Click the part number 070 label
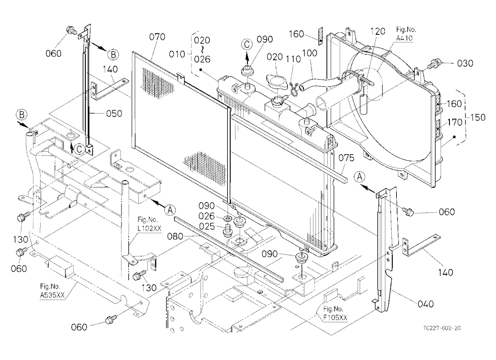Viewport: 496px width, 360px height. pyautogui.click(x=157, y=37)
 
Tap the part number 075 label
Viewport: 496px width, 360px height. pyautogui.click(x=346, y=158)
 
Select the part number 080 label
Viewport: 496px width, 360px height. pyautogui.click(x=176, y=237)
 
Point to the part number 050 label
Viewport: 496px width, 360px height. pyautogui.click(x=114, y=113)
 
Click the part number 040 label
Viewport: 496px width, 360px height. pyautogui.click(x=426, y=304)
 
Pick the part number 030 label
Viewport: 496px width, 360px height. pyautogui.click(x=465, y=63)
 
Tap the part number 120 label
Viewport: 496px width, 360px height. pyautogui.click(x=377, y=31)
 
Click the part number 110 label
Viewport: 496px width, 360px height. pyautogui.click(x=293, y=59)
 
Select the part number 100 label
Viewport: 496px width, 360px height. pyautogui.click(x=310, y=53)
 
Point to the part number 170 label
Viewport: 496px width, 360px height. pyautogui.click(x=455, y=122)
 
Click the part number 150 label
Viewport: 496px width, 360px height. pyautogui.click(x=478, y=118)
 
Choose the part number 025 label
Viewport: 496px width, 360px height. pyautogui.click(x=207, y=227)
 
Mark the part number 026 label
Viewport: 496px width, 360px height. pyautogui.click(x=207, y=216)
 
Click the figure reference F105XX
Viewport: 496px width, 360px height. pyautogui.click(x=335, y=317)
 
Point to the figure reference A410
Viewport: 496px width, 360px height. pyautogui.click(x=404, y=38)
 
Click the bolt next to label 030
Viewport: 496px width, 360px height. pyautogui.click(x=433, y=64)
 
